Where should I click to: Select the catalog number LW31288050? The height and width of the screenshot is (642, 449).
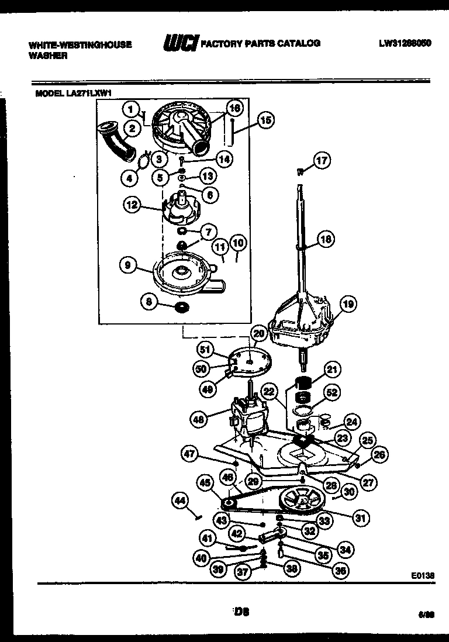point(405,43)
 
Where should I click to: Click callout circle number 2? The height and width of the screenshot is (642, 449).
point(132,129)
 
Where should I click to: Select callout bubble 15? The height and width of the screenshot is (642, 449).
point(265,121)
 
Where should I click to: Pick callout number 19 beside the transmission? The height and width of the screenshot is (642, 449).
point(348,303)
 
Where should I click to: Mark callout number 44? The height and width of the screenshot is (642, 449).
point(181,501)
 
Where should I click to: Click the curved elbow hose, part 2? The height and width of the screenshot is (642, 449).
point(115,140)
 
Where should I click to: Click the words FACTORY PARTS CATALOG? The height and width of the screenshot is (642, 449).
point(260,43)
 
